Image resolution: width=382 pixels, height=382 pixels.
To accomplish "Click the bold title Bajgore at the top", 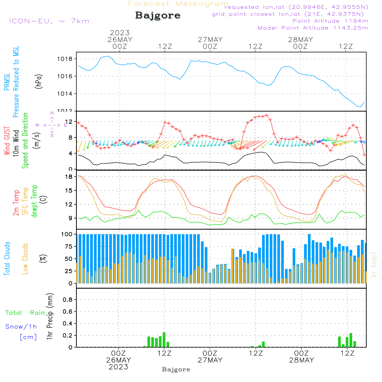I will tap(158, 16).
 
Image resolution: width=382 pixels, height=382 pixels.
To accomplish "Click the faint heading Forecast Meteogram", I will tap(178, 4).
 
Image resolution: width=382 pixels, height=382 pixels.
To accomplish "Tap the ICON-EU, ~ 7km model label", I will tap(49, 21).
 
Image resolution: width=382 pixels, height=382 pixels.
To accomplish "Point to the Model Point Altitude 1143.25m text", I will tap(313, 28).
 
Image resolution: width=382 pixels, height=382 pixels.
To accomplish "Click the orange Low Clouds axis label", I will tap(25, 258).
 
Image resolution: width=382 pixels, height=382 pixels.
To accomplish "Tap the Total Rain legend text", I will tap(25, 312).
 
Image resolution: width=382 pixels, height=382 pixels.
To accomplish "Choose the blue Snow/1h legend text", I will tap(21, 327).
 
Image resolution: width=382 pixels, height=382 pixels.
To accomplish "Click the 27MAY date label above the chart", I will tap(210, 39).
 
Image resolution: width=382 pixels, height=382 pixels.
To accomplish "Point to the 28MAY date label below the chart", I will tap(301, 360).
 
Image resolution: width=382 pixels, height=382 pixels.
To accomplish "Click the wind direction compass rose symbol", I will tap(52, 125).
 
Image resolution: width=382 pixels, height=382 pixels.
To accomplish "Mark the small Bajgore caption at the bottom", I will tap(176, 369).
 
